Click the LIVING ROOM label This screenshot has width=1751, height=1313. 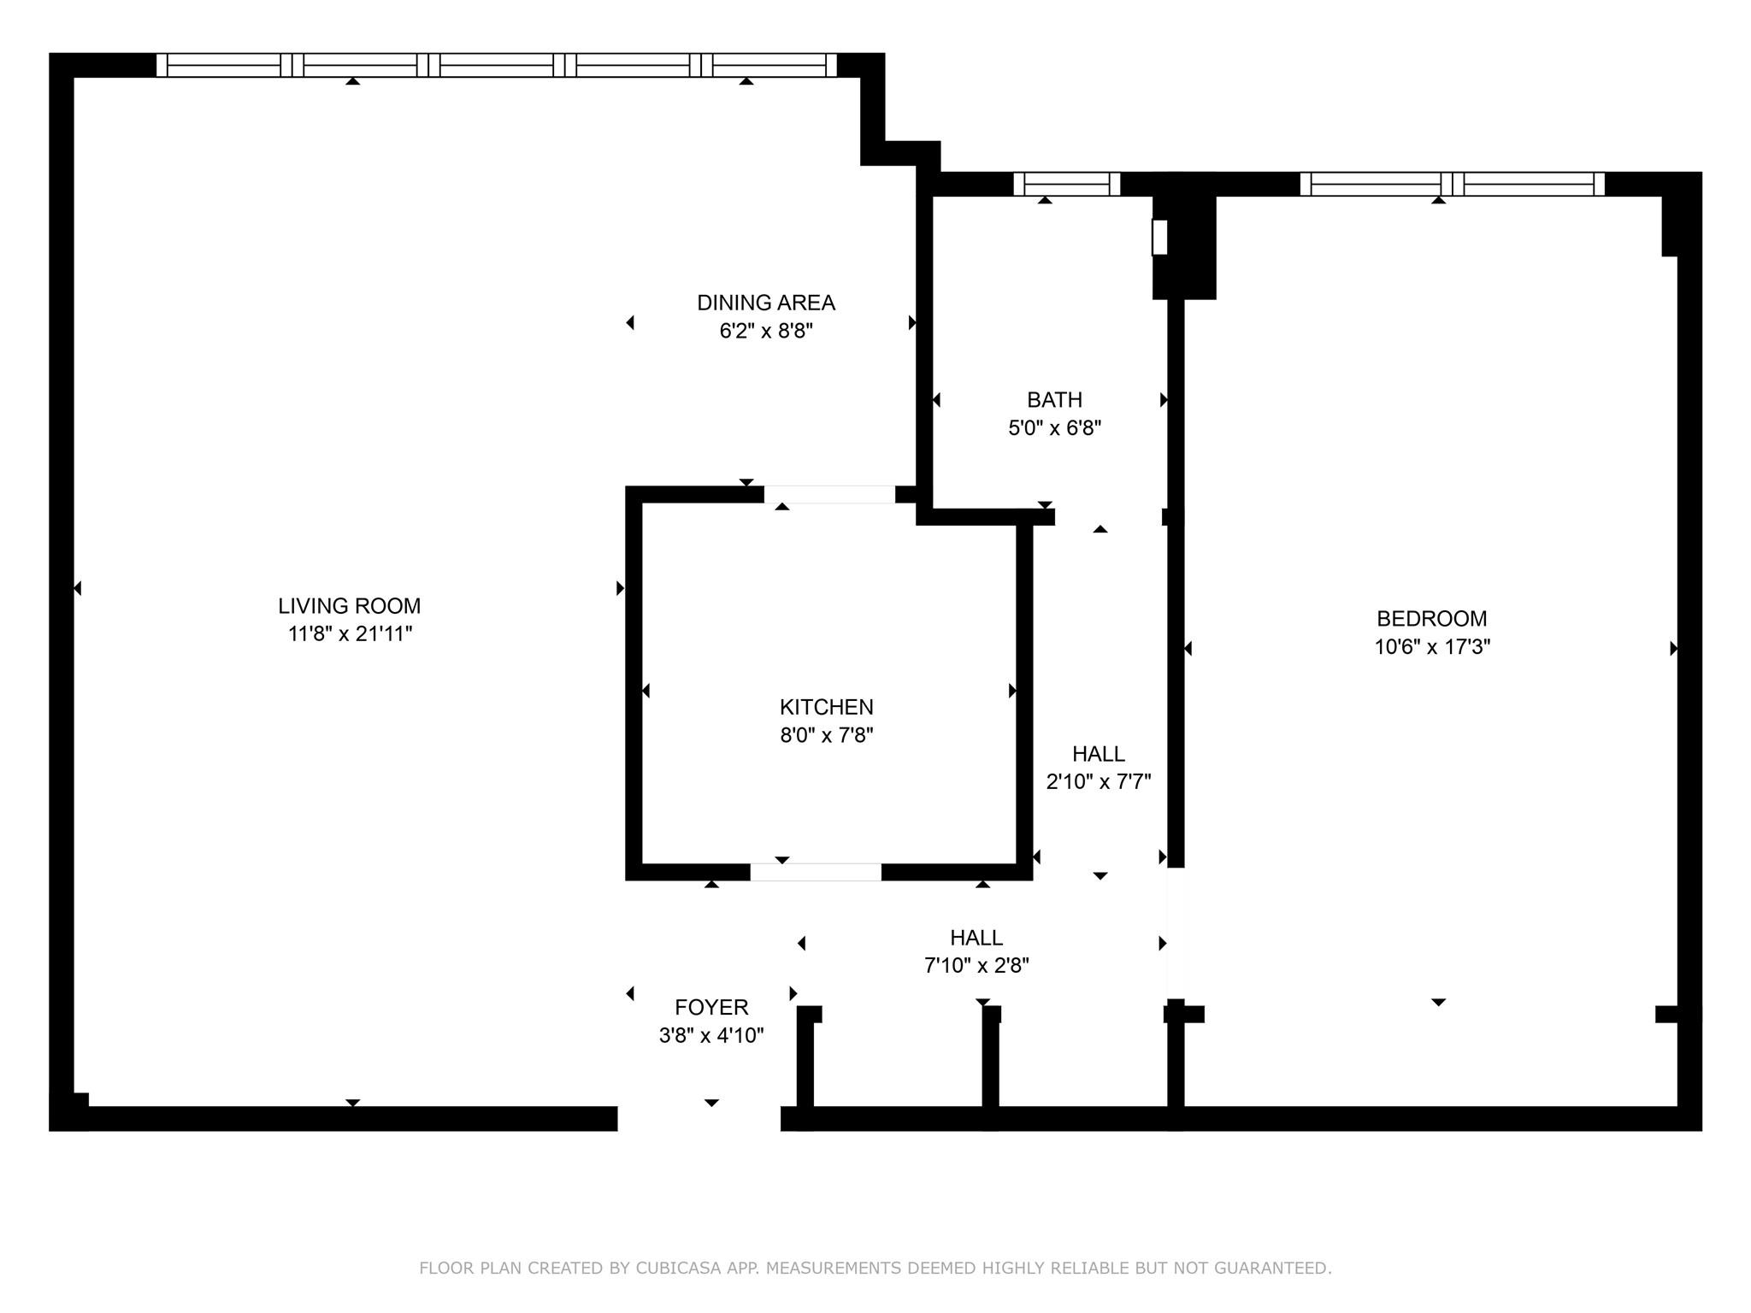(349, 606)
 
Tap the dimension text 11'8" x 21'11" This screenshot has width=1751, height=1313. (350, 634)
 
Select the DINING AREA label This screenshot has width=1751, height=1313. (765, 303)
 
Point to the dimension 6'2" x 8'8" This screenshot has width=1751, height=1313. (765, 331)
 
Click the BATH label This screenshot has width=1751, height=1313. (1054, 400)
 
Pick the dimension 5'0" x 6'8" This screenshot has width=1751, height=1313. (1054, 428)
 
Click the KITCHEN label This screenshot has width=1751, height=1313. (826, 707)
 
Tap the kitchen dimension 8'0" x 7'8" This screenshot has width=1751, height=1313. (826, 735)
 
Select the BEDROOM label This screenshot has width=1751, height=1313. (1431, 619)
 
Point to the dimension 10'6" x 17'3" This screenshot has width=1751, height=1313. (1431, 647)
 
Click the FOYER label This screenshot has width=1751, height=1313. (710, 1008)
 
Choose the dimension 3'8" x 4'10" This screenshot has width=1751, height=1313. (710, 1036)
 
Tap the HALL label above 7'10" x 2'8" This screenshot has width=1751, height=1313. (976, 938)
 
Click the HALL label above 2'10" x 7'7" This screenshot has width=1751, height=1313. (1098, 754)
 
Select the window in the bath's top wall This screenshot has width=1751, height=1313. (1066, 184)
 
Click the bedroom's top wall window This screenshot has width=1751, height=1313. (1451, 184)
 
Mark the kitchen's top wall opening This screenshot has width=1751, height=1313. (828, 494)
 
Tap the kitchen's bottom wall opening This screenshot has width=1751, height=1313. (815, 872)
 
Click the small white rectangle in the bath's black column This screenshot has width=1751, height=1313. (1159, 237)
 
